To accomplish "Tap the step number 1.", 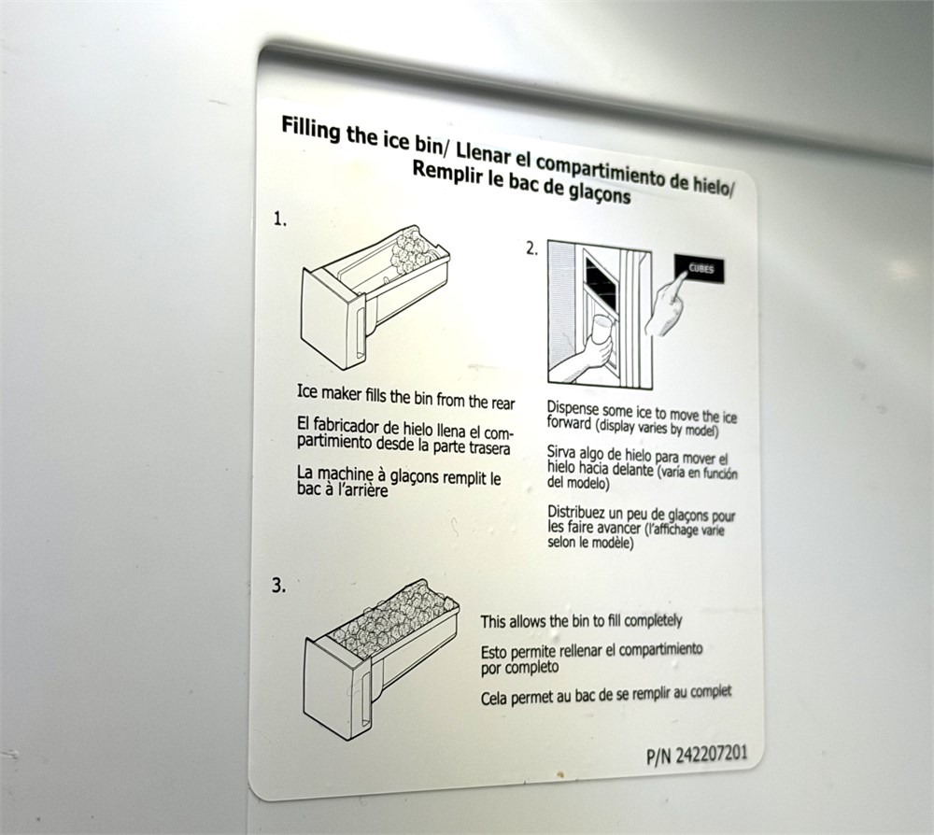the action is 280,219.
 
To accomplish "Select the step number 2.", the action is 532,249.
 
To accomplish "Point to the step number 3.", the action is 278,586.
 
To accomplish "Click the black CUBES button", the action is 700,268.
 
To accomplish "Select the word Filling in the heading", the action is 312,130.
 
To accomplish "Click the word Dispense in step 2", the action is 573,409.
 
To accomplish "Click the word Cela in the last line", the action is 494,698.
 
